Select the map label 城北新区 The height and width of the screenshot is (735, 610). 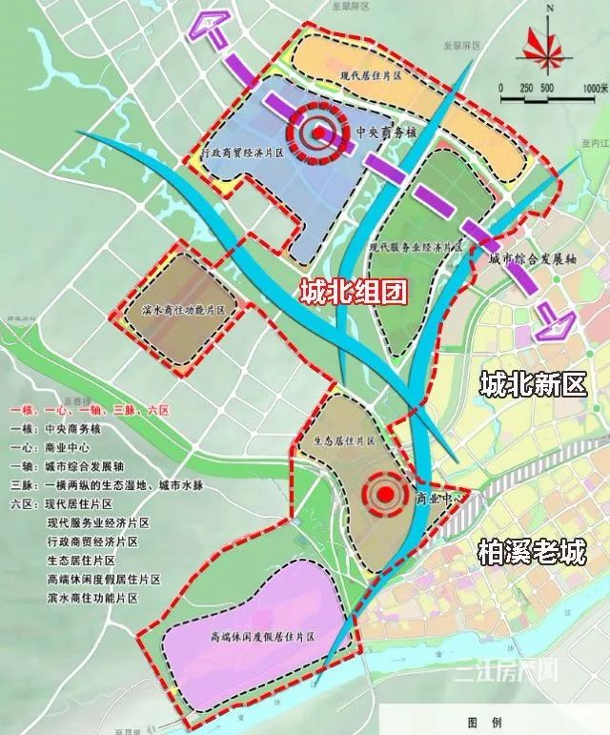coord(532,384)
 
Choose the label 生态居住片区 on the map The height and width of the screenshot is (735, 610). coord(344,441)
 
